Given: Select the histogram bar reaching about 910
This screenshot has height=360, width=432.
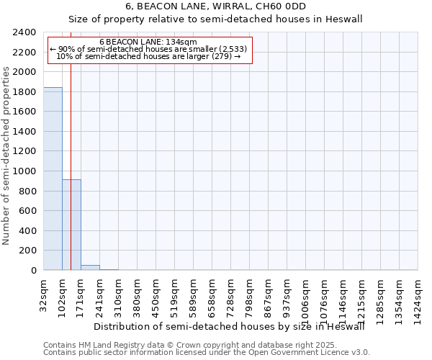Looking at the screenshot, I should pyautogui.click(x=71, y=225).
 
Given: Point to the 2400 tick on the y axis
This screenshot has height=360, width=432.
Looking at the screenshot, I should pyautogui.click(x=26, y=33).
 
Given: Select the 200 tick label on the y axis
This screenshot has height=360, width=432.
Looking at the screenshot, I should pyautogui.click(x=29, y=251).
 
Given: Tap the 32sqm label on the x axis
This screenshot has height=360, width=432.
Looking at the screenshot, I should pyautogui.click(x=43, y=293).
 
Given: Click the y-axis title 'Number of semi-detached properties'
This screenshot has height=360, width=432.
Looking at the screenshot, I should pyautogui.click(x=6, y=156).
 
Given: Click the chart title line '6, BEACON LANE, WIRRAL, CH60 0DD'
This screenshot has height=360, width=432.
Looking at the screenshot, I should pyautogui.click(x=215, y=6).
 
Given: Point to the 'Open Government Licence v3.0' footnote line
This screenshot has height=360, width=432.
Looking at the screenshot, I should pyautogui.click(x=206, y=353).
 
